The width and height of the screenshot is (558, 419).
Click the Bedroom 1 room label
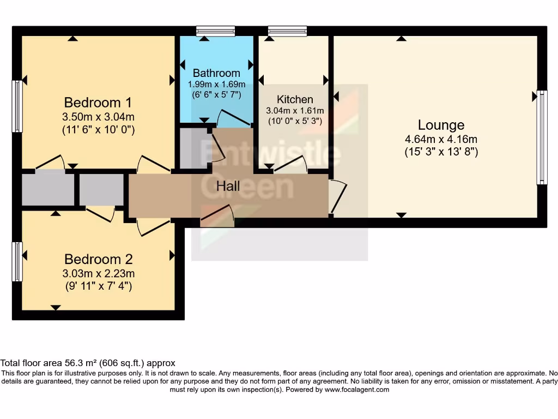[x=98, y=103]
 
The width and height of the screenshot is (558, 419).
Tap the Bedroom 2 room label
[x=98, y=259]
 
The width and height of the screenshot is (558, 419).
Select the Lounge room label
[x=441, y=125]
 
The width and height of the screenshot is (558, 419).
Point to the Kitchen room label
[x=295, y=99]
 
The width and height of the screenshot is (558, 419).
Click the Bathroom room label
[x=216, y=73]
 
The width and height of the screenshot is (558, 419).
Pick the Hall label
[x=228, y=186]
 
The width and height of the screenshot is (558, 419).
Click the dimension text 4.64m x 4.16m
[x=441, y=139]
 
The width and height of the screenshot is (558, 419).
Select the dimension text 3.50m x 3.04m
[x=98, y=116]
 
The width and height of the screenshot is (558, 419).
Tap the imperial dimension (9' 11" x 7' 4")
[x=98, y=285]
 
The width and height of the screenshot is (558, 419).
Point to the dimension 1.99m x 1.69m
[x=216, y=85]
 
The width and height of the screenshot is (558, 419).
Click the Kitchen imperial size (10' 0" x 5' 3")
[x=295, y=121]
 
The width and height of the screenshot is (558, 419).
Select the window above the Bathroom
[x=216, y=31]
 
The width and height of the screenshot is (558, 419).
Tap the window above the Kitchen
[x=287, y=31]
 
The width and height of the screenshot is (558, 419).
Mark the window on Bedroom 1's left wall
[x=17, y=106]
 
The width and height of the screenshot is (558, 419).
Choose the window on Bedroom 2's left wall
[x=17, y=262]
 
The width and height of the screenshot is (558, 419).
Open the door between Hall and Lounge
[x=338, y=196]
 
